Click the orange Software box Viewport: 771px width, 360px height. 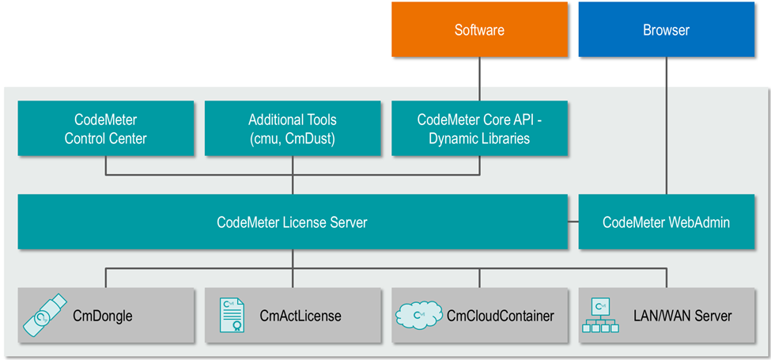[479, 30]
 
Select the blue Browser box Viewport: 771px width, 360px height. [666, 30]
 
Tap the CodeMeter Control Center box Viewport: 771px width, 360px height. [105, 128]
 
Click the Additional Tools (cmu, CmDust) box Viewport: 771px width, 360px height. [292, 128]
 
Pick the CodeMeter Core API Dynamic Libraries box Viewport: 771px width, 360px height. [479, 128]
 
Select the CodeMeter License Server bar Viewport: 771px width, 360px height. [292, 222]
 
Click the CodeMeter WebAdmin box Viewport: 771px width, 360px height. [666, 222]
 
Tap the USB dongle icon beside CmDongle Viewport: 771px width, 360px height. [44, 315]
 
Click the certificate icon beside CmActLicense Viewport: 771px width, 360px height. [231, 315]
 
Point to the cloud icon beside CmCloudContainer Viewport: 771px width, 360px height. [418, 315]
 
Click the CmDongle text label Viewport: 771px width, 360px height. [102, 316]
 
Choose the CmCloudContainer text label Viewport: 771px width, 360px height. [500, 316]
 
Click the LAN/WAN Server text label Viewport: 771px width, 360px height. [682, 316]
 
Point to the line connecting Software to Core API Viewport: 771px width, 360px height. [479, 79]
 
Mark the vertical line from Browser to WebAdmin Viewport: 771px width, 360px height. [666, 127]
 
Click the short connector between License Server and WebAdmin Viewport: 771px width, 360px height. [573, 222]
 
